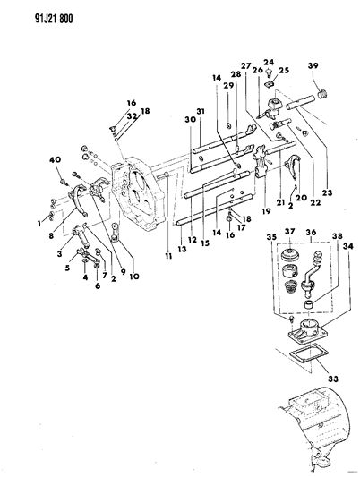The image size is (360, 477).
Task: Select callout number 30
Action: (x=189, y=123)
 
